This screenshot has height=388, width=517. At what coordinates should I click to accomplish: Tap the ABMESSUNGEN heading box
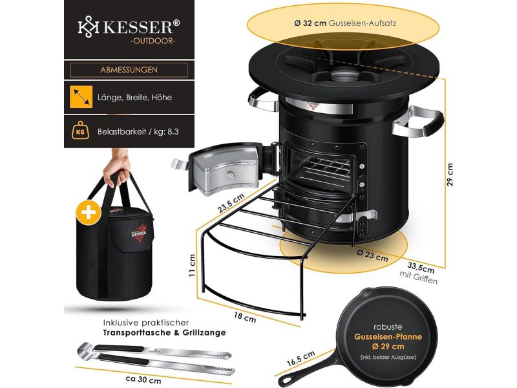point(129,70)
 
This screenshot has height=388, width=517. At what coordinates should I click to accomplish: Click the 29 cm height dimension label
point(450,173)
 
